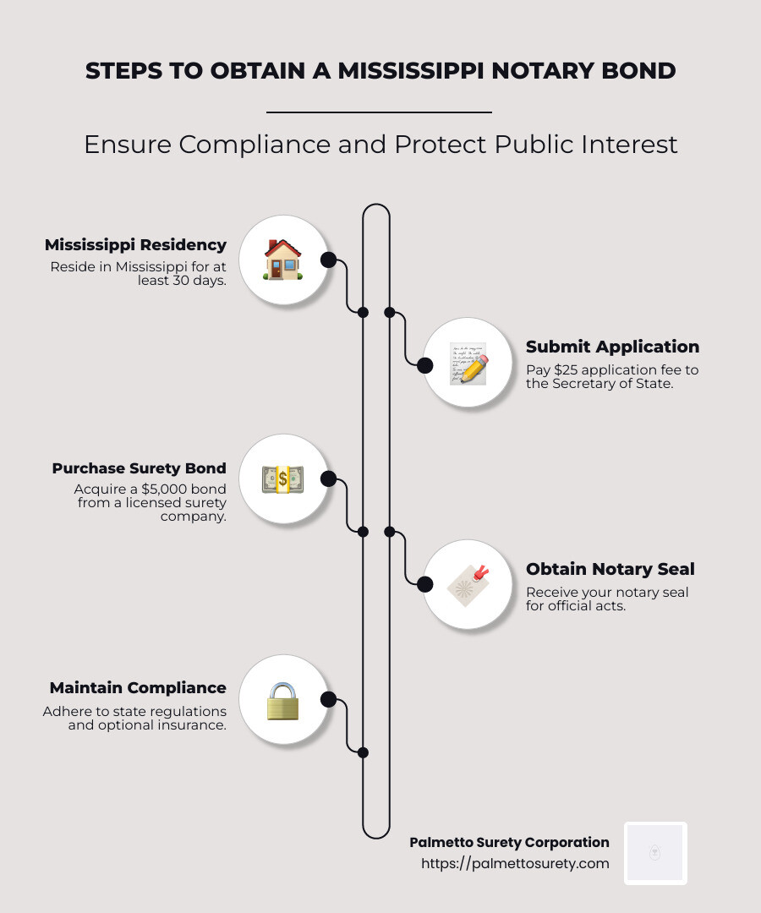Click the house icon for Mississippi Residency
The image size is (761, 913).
tap(282, 260)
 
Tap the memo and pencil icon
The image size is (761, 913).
tap(468, 364)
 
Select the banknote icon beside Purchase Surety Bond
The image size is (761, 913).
tap(282, 479)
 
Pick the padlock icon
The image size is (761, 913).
tap(282, 701)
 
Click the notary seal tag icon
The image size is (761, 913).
tap(468, 584)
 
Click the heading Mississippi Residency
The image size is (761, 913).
tap(135, 245)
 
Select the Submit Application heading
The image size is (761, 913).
tap(612, 347)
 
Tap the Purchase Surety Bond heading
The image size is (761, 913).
tap(139, 468)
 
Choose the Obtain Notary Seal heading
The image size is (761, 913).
tap(610, 569)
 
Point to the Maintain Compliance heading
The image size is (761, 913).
tap(138, 688)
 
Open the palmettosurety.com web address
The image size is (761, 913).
tap(515, 863)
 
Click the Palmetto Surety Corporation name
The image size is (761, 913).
tap(509, 842)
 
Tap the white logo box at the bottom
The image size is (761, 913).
tap(655, 853)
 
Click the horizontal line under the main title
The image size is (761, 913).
tap(379, 112)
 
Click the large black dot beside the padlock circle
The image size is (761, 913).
tap(328, 699)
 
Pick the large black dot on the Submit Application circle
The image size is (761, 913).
tap(424, 365)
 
